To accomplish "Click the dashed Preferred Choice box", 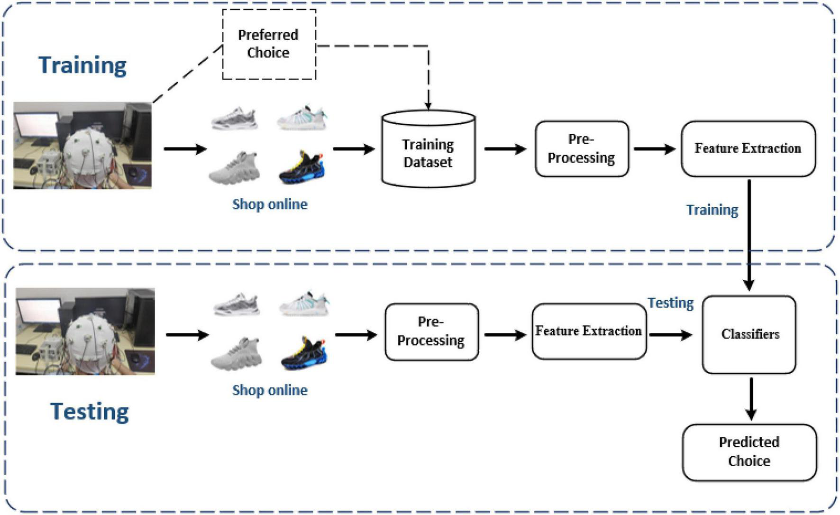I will (269, 44).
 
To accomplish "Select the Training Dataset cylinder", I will (428, 149).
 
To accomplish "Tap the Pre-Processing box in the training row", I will (582, 148).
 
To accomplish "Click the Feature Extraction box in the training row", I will (748, 148).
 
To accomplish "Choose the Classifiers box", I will (749, 334).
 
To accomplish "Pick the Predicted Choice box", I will (749, 451).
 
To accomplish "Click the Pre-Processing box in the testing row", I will (431, 331).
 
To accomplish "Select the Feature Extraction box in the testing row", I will (588, 331).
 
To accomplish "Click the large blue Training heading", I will (82, 65).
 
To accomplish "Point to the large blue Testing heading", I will (90, 412).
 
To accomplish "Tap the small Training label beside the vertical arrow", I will (712, 210).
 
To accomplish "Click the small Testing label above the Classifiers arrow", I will (670, 303).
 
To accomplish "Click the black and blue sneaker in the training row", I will (301, 168).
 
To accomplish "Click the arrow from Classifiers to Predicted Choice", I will (751, 398).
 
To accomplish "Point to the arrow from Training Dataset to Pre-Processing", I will (505, 149).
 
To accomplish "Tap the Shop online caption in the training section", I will (270, 204).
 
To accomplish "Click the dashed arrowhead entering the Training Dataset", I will (428, 106).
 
